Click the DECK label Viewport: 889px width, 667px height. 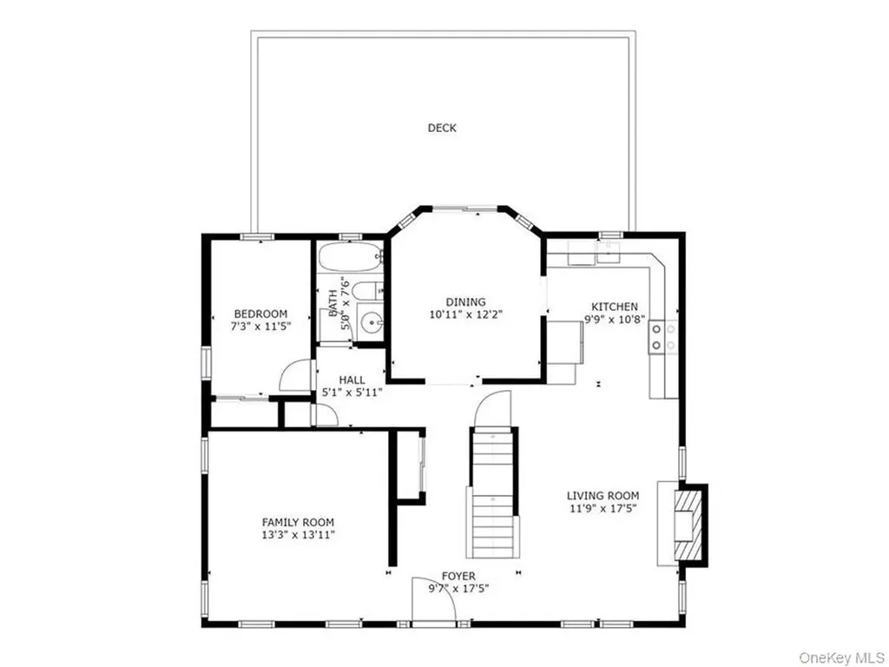point(442,128)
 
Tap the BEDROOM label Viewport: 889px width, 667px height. point(260,314)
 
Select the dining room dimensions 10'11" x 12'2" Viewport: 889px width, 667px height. point(466,314)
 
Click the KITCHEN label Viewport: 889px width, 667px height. point(615,307)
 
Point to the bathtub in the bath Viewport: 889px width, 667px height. point(349,257)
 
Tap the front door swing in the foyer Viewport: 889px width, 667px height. point(434,600)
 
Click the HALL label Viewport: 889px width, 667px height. point(352,380)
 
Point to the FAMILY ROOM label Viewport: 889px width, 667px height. point(298,522)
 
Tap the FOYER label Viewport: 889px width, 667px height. point(458,577)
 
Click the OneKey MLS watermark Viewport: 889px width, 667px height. point(840,657)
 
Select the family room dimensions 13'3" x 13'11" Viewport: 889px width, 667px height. point(299,534)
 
